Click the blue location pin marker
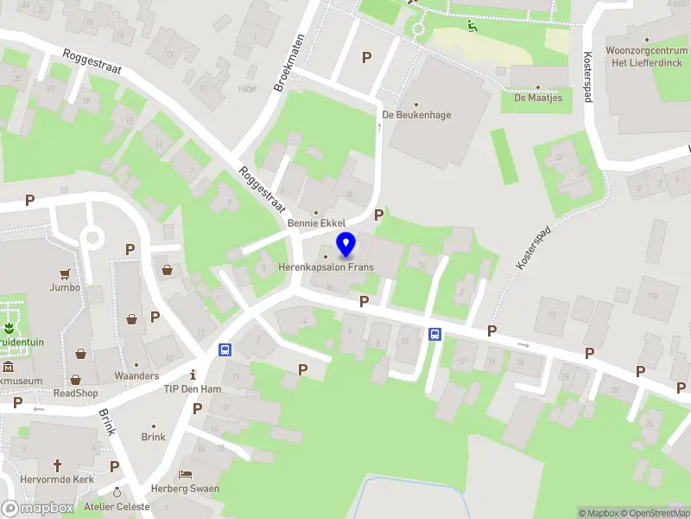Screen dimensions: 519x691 click(346, 245)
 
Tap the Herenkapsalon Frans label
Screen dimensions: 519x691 click(326, 267)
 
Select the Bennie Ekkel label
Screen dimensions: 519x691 click(316, 224)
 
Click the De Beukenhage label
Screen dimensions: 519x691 click(417, 115)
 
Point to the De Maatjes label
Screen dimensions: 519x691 click(538, 98)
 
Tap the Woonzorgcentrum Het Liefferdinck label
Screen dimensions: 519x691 click(645, 57)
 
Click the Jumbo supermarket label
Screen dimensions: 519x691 click(65, 287)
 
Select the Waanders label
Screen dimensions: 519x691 click(136, 376)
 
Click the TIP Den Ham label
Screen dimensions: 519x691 click(193, 389)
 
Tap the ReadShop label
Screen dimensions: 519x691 click(76, 392)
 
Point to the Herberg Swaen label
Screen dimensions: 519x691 click(185, 489)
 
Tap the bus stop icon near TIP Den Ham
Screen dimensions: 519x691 click(225, 350)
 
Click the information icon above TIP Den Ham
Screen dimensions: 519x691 click(193, 375)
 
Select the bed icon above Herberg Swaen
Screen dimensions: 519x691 click(185, 475)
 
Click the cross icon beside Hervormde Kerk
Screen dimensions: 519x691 click(59, 465)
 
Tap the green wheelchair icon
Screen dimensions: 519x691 click(472, 26)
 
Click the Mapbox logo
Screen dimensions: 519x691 click(38, 508)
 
